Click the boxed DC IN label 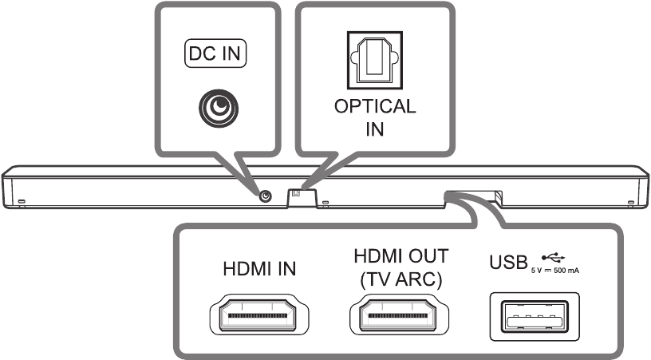click(x=215, y=53)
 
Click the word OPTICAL click(x=374, y=107)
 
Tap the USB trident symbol click(x=551, y=257)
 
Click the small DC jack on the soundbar click(x=264, y=196)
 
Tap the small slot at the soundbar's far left click(x=22, y=200)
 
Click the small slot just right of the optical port click(x=325, y=202)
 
